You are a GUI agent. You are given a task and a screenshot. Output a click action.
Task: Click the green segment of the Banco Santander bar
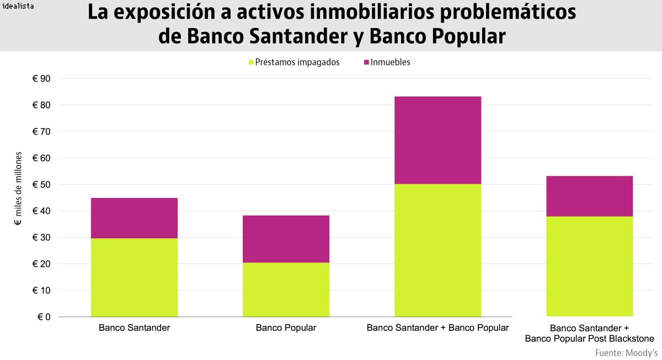pos(134,277)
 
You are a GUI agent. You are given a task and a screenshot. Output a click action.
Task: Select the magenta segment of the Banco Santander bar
pos(134,218)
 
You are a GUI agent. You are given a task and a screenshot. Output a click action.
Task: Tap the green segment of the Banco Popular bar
pos(286,289)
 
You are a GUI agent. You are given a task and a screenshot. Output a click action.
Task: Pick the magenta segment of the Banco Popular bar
pos(286,239)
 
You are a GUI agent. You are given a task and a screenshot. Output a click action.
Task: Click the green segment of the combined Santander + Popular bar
pos(437,250)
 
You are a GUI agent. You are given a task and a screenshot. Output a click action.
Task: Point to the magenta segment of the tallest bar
pos(437,140)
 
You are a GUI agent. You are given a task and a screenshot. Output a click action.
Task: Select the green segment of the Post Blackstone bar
pos(589,266)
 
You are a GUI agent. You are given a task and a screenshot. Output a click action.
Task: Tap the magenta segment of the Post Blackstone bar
pos(589,196)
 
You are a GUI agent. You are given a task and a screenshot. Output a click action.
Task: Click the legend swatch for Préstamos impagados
pos(251,62)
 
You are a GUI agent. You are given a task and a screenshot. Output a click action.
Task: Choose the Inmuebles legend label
pos(390,62)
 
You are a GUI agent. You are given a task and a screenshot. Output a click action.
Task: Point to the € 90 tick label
pos(41,79)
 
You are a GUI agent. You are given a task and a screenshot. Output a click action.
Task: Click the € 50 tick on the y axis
pos(41,185)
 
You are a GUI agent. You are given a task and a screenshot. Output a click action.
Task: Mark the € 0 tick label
pos(44,317)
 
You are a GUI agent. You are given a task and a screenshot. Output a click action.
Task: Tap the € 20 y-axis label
pos(41,264)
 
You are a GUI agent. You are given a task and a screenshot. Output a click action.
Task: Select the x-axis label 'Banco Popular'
pos(286,328)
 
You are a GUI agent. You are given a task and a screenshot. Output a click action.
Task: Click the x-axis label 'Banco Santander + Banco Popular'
pos(437,328)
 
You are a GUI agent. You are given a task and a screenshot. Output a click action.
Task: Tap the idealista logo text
pos(18,7)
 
